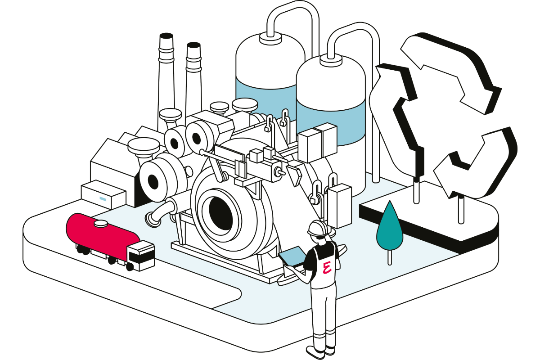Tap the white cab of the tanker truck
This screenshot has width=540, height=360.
click(x=141, y=255)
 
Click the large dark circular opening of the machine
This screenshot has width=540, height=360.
click(x=219, y=211)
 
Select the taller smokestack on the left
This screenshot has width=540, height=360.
click(x=165, y=76)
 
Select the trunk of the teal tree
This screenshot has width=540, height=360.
click(x=390, y=256)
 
